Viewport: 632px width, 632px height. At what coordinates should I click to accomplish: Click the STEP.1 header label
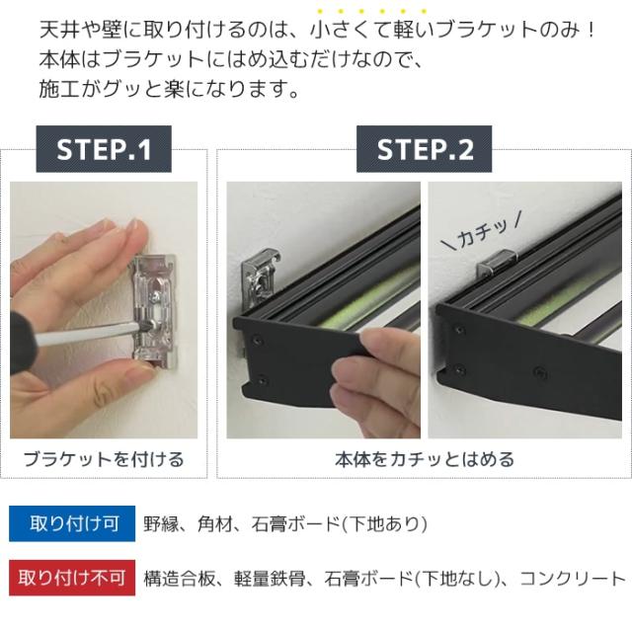pyautogui.click(x=104, y=149)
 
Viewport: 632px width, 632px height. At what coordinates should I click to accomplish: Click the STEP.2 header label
pyautogui.click(x=424, y=149)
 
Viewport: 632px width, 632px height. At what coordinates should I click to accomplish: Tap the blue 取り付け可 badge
pyautogui.click(x=72, y=523)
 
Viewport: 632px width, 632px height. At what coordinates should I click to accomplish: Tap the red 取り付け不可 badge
pyautogui.click(x=72, y=578)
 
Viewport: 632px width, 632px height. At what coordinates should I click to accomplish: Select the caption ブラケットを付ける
pyautogui.click(x=104, y=459)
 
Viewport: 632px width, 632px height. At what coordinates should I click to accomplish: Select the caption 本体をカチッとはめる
pyautogui.click(x=425, y=459)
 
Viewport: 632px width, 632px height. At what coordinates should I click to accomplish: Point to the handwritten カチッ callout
pyautogui.click(x=482, y=232)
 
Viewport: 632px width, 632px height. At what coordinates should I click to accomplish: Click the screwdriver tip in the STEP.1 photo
pyautogui.click(x=143, y=327)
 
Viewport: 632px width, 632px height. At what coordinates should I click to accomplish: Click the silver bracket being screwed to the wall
pyautogui.click(x=154, y=312)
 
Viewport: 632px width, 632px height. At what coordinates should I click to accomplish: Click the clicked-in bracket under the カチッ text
pyautogui.click(x=497, y=264)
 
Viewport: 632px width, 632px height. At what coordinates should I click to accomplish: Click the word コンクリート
pyautogui.click(x=573, y=579)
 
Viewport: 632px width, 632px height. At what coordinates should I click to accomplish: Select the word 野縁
pyautogui.click(x=161, y=524)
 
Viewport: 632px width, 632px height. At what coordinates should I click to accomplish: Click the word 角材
pyautogui.click(x=215, y=524)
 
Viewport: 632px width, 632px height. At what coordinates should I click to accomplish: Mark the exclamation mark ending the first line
pyautogui.click(x=591, y=31)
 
